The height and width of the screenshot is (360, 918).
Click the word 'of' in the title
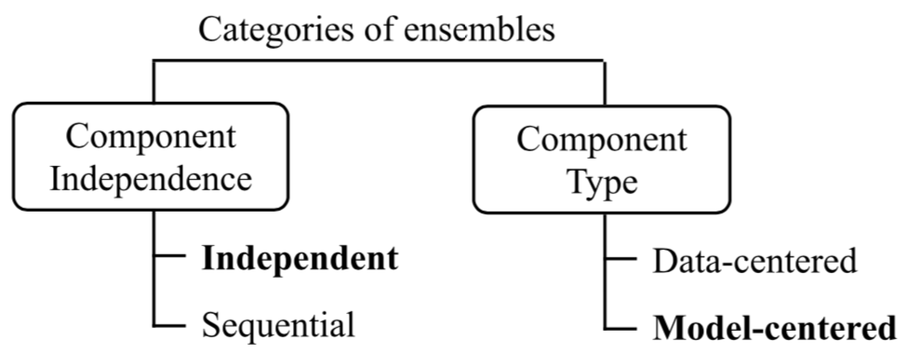(380, 30)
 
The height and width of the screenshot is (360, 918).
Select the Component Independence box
(151, 157)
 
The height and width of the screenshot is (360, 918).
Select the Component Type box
(601, 160)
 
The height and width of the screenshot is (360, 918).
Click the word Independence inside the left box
(151, 179)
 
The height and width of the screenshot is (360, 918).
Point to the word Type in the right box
(603, 182)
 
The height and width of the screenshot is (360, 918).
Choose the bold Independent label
(300, 259)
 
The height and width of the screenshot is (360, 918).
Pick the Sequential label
(278, 324)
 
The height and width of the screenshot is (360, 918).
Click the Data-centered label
(754, 261)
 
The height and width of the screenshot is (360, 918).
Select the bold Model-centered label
(774, 328)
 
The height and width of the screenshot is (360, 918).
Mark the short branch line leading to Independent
(170, 255)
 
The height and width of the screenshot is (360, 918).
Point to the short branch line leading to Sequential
(170, 326)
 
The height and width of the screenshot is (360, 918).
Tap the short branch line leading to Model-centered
(621, 329)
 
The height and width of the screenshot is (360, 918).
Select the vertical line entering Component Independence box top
(154, 82)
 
